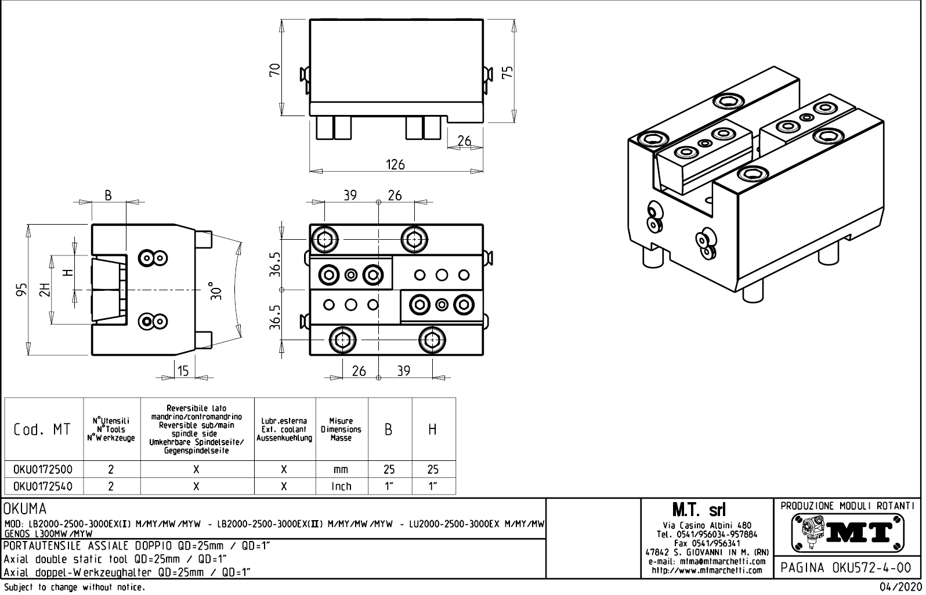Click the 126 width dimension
[395, 164]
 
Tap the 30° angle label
[215, 290]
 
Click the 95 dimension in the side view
[21, 290]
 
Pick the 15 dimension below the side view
[183, 371]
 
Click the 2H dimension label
[44, 290]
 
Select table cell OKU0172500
[44, 469]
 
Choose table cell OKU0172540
[44, 486]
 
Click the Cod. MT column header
[42, 430]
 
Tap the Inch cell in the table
[341, 486]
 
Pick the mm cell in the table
[341, 469]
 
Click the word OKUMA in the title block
[25, 509]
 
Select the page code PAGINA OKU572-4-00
[847, 567]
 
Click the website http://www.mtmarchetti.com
[707, 570]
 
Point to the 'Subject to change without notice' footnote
[74, 587]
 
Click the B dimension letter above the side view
[108, 195]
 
